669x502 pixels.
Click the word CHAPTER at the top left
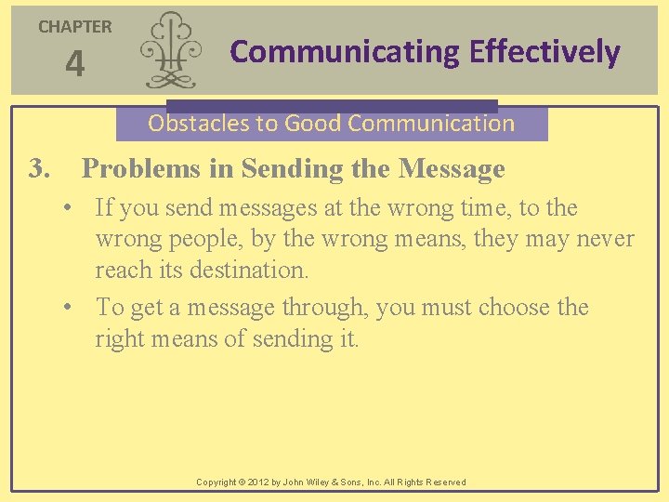click(74, 27)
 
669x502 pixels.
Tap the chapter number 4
click(74, 65)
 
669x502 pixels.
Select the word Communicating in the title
click(345, 52)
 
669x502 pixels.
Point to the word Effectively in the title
click(544, 52)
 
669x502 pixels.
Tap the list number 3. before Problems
click(38, 169)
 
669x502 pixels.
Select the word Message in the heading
click(452, 169)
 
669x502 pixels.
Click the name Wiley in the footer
click(338, 482)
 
